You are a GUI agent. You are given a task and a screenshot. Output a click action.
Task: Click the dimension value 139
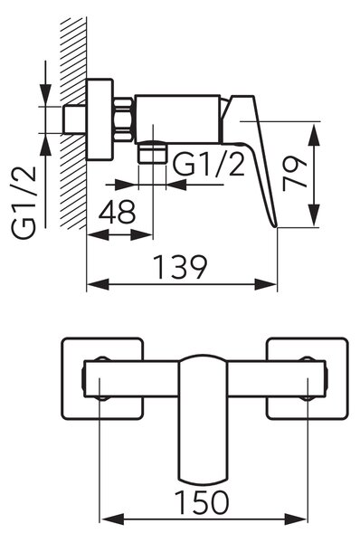coord(180,267)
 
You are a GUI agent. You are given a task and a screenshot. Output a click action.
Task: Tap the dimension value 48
coord(117,212)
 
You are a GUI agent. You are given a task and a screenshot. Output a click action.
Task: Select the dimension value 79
coord(295,174)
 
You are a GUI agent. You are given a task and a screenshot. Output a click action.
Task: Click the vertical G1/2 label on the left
coord(24,203)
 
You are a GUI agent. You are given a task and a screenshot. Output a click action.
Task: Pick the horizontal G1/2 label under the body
coord(209,164)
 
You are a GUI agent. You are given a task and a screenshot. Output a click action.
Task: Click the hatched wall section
coord(73,123)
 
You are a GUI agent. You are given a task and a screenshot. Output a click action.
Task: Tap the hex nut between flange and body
coord(123,119)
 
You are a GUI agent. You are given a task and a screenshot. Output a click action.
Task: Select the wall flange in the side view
coord(99,119)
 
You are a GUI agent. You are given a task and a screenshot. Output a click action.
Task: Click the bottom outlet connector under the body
coord(152,151)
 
